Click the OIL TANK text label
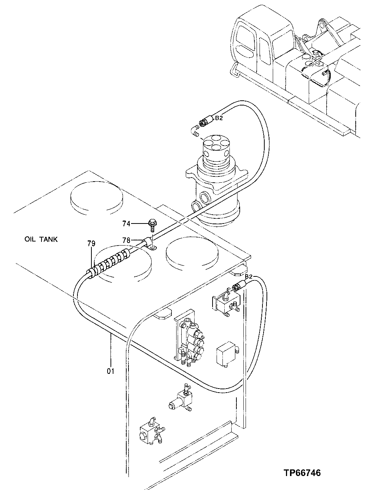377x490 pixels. tap(41, 239)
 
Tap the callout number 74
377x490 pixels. tap(126, 223)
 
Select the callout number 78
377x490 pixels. tap(126, 240)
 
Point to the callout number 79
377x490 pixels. tap(91, 243)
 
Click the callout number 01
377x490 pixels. tap(110, 371)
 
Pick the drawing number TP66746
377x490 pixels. tap(302, 473)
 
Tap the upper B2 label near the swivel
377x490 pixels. tap(219, 118)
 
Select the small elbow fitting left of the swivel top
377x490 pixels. tap(195, 130)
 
